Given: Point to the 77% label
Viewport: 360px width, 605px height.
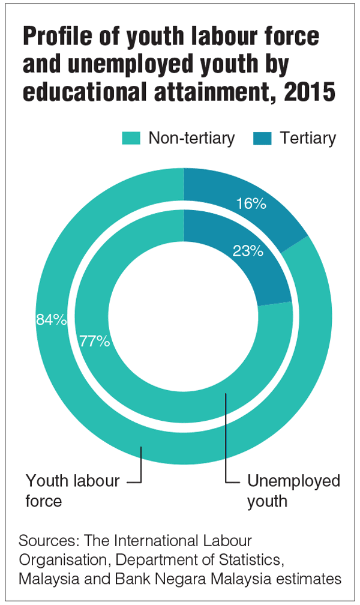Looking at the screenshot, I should [95, 342].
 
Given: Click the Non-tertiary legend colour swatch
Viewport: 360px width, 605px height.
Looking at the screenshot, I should [131, 139].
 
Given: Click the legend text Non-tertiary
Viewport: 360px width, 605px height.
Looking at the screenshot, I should [191, 139].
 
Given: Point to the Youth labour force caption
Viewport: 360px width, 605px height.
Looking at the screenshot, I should [72, 491].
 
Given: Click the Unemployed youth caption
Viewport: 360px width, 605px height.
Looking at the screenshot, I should [293, 491].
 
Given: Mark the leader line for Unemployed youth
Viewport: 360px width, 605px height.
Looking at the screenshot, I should [227, 438].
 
